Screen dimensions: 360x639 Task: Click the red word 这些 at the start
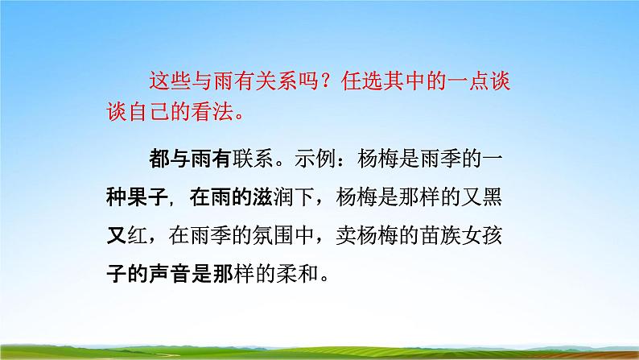pos(165,81)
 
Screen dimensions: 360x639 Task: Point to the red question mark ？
pos(330,81)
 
